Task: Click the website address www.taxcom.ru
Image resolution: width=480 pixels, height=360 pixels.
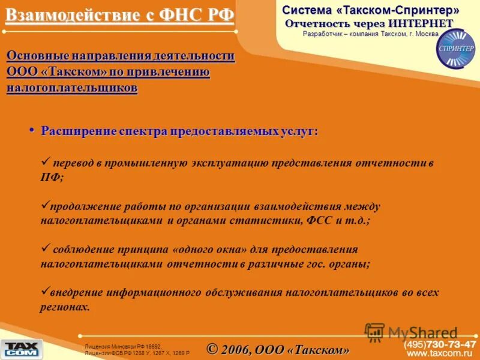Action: click(x=442, y=354)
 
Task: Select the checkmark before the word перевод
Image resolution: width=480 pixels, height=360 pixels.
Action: click(x=44, y=162)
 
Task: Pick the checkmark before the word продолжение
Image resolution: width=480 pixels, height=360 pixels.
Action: click(x=44, y=205)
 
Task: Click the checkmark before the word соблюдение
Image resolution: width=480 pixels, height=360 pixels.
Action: click(x=44, y=248)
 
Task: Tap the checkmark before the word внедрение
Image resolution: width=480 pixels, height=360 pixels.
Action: click(x=44, y=292)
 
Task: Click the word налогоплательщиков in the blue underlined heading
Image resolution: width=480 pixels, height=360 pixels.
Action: click(x=72, y=88)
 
